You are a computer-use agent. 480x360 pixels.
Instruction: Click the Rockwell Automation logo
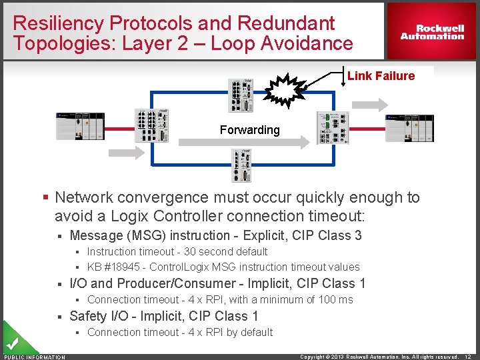click(x=432, y=32)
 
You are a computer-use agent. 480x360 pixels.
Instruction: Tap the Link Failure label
click(x=381, y=76)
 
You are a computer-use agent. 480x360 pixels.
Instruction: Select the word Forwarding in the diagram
click(x=250, y=130)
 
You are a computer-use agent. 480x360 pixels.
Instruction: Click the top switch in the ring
click(x=241, y=96)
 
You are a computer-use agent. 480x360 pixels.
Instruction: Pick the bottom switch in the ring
click(x=241, y=165)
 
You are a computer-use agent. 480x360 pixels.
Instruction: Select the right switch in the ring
click(x=333, y=127)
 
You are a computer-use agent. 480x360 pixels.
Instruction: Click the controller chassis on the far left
click(x=80, y=125)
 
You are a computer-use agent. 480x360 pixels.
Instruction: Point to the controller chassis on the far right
click(x=410, y=127)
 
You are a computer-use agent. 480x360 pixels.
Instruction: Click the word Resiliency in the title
click(x=59, y=23)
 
